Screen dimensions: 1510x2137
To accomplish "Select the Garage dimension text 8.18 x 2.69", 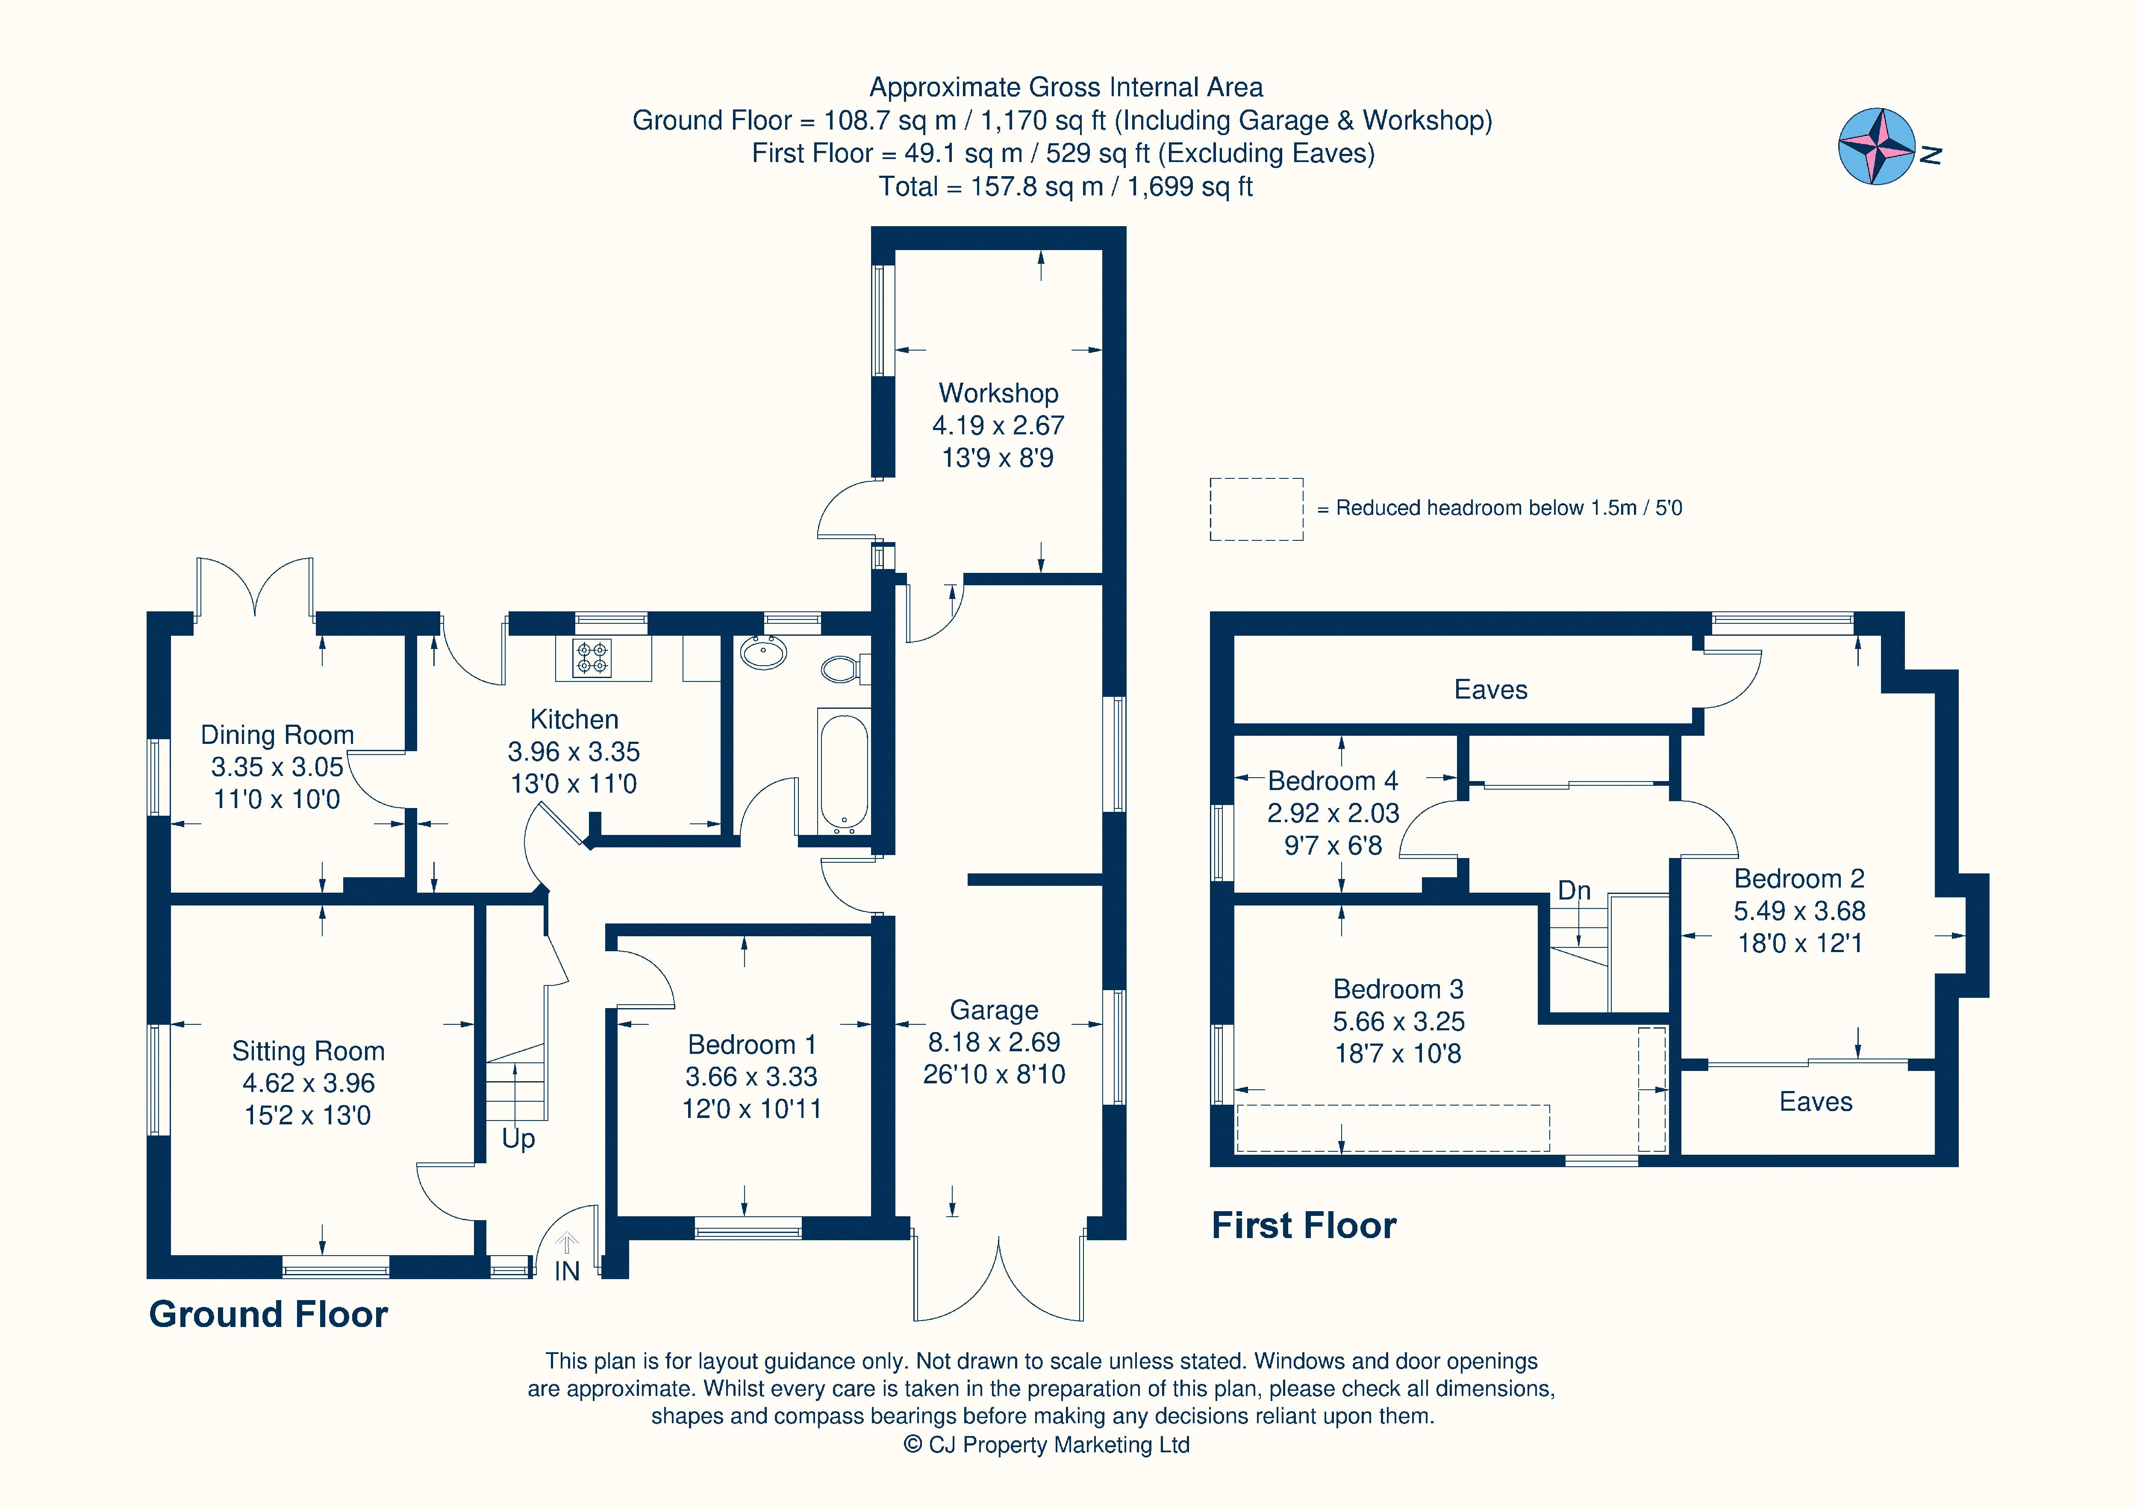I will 994,1042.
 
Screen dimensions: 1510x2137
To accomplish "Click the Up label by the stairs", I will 518,1138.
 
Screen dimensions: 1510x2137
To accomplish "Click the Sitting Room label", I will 308,1051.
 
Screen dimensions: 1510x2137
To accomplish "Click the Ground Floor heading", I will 268,1315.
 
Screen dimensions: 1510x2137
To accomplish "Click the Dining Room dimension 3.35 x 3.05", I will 277,767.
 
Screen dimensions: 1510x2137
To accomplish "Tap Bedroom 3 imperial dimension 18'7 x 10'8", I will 1398,1054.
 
